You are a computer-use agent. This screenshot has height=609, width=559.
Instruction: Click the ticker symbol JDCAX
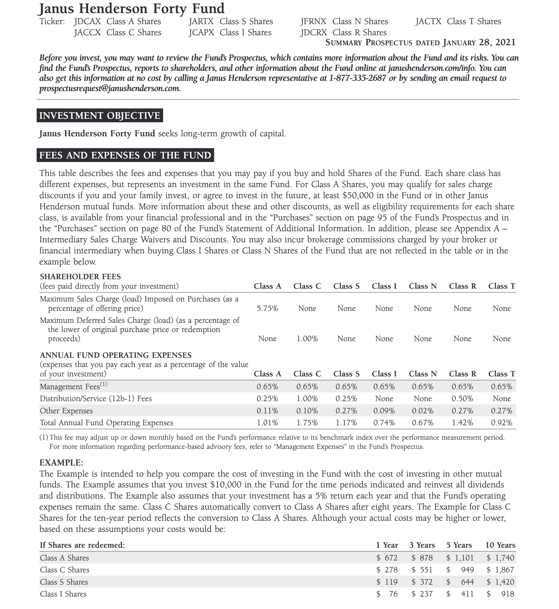(x=87, y=22)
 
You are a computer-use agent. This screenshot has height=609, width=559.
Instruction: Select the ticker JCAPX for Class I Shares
(x=201, y=33)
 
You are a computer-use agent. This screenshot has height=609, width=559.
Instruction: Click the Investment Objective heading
(x=99, y=116)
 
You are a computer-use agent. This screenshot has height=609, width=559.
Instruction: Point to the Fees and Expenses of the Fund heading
(x=125, y=155)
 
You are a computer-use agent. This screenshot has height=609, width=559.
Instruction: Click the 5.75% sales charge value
(x=267, y=309)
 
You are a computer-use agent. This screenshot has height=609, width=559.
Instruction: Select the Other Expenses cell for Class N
(x=423, y=411)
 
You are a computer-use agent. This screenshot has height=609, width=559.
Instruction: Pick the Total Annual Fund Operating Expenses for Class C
(x=307, y=423)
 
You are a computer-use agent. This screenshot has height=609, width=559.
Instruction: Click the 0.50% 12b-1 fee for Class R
(x=462, y=399)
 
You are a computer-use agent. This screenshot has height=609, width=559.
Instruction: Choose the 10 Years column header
(x=500, y=545)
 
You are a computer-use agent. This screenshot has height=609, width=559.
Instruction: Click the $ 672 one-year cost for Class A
(x=387, y=558)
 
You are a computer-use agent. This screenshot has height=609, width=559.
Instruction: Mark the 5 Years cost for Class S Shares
(x=460, y=582)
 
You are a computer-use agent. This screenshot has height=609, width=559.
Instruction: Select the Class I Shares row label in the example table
(x=63, y=594)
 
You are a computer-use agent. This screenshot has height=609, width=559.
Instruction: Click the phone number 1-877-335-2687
(x=358, y=78)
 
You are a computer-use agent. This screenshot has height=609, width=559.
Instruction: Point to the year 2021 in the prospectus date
(x=506, y=42)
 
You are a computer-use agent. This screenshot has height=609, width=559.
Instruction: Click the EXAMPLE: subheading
(x=61, y=463)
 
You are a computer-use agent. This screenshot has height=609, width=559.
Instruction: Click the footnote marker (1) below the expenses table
(x=44, y=438)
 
